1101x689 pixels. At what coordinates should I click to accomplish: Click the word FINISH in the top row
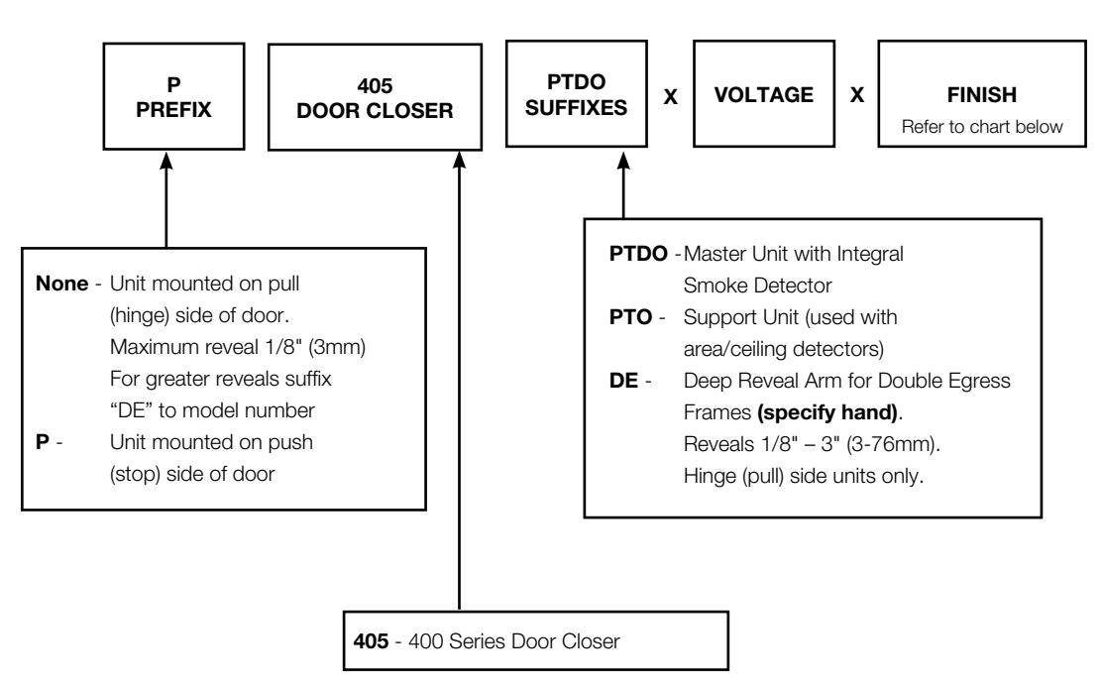(982, 95)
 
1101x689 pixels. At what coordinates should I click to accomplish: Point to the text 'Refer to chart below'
(982, 127)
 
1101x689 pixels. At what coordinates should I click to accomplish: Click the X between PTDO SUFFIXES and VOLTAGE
(671, 96)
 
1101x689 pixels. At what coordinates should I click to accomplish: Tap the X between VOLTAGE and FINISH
(856, 95)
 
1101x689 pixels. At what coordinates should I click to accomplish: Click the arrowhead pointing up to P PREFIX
(166, 161)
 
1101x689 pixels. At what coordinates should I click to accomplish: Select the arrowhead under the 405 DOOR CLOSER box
(459, 161)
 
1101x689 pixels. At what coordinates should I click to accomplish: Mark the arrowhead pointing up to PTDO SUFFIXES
(623, 161)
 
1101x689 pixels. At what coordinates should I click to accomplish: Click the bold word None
(61, 284)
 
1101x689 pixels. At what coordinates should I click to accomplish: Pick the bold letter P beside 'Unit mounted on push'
(43, 442)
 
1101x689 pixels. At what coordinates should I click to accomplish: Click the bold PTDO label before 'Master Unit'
(638, 254)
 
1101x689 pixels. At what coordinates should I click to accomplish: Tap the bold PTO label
(630, 317)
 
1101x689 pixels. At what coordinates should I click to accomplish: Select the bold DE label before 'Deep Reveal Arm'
(623, 380)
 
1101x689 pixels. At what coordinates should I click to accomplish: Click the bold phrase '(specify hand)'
(827, 412)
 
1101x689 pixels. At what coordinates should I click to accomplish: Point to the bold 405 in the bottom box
(371, 641)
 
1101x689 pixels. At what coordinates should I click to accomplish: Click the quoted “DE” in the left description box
(131, 410)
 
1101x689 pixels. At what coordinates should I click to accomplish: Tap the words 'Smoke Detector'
(757, 286)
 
